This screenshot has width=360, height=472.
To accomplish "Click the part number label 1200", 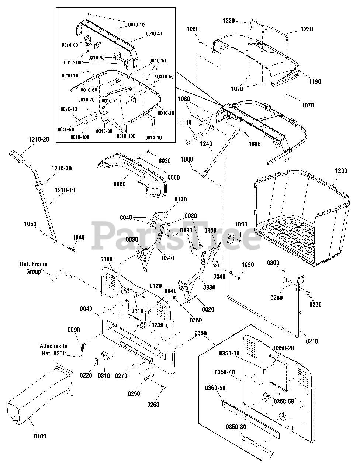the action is pos(341,171).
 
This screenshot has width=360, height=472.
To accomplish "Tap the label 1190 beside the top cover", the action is pos(315,82).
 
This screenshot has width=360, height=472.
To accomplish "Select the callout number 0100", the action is pos(40,436).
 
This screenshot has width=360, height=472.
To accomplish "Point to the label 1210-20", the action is pos(39,139).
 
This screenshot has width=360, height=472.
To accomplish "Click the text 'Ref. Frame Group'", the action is pos(34,267).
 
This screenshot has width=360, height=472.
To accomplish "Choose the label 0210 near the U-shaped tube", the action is pos(312,341).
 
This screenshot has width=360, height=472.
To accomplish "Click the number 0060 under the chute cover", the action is pos(120,184).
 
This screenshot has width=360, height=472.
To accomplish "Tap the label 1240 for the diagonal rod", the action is pos(206,144).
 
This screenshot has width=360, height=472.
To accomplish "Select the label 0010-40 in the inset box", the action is pos(154,34).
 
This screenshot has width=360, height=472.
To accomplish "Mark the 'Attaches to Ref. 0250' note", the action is pos(53,350).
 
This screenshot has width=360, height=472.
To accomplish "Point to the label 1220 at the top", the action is pos(229,21).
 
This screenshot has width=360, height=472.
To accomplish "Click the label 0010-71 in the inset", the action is pos(110,101).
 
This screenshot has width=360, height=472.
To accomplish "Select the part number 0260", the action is pos(153,405).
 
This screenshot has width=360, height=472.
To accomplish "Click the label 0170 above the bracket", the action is pos(181,199).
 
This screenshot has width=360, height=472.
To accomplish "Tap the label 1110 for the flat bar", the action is pos(186,122).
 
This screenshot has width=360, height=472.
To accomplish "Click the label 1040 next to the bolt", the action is pos(79,237).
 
